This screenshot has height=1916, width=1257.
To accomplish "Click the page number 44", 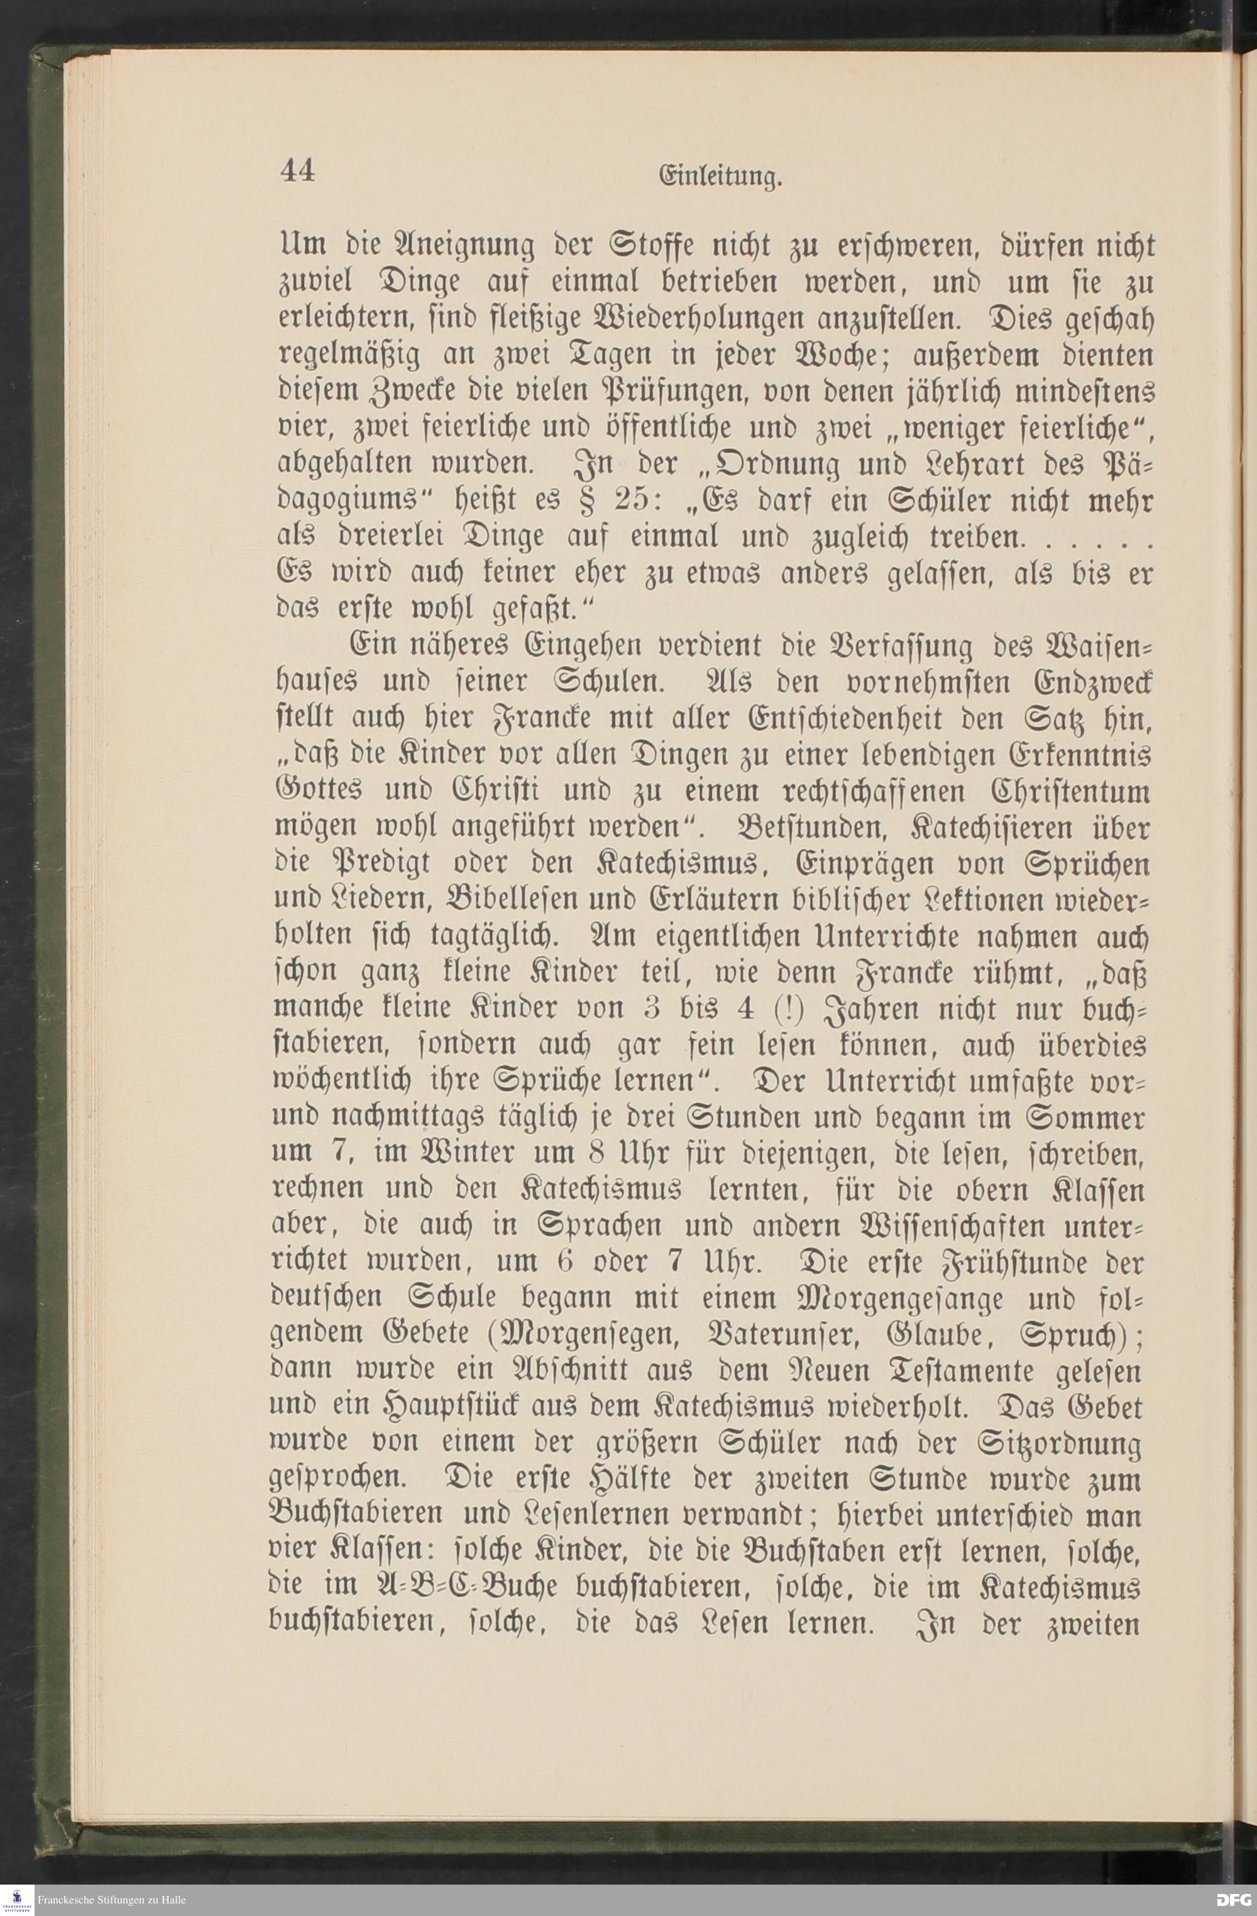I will click(x=297, y=171).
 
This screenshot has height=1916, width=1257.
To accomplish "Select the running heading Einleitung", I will click(x=721, y=177).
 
